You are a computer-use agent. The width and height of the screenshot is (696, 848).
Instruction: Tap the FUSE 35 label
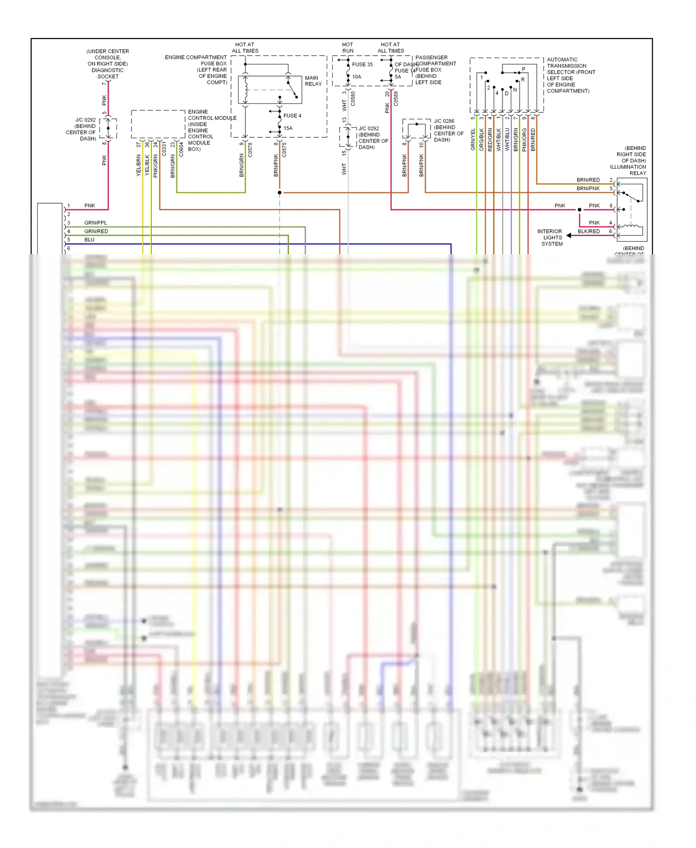tap(362, 64)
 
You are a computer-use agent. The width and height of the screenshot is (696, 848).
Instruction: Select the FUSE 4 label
tap(292, 116)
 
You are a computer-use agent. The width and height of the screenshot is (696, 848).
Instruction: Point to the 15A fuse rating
tap(288, 128)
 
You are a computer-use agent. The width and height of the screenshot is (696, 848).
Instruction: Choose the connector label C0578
tap(250, 149)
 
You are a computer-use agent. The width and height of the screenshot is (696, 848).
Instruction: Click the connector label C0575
tap(284, 149)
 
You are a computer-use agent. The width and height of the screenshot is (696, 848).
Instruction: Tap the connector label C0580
tap(353, 98)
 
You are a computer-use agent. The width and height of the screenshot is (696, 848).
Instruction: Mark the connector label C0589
tap(396, 98)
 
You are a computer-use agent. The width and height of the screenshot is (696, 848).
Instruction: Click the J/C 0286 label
tap(444, 121)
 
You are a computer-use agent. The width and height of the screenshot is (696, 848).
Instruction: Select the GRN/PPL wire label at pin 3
tap(96, 223)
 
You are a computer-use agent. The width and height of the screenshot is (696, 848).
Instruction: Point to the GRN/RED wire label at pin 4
tap(96, 231)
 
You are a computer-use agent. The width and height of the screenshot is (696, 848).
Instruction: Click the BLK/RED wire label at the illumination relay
tap(589, 231)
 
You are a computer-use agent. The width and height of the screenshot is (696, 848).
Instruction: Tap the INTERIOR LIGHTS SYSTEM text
tap(551, 238)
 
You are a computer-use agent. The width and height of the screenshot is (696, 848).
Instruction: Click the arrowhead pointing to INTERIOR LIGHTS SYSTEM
tap(569, 236)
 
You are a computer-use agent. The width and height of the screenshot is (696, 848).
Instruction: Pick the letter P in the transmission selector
tap(524, 69)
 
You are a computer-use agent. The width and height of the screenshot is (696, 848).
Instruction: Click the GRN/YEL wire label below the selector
tap(473, 139)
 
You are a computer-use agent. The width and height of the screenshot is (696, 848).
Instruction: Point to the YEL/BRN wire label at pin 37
tap(139, 166)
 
